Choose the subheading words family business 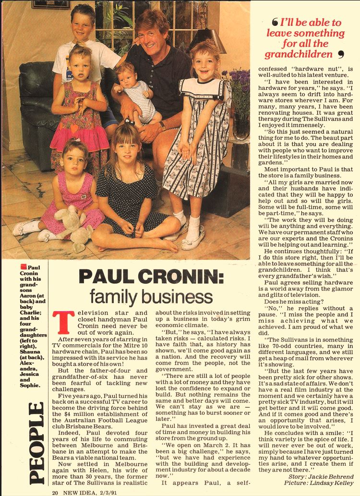(x=151, y=297)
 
